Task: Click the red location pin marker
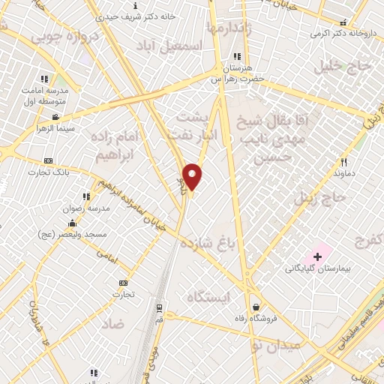tap(193, 177)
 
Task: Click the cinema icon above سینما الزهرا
tap(56, 117)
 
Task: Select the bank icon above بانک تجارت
tap(49, 160)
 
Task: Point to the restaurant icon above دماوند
tap(344, 161)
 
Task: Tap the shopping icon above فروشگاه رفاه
tap(256, 307)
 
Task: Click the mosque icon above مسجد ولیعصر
tap(71, 223)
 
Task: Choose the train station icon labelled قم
tap(159, 307)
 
